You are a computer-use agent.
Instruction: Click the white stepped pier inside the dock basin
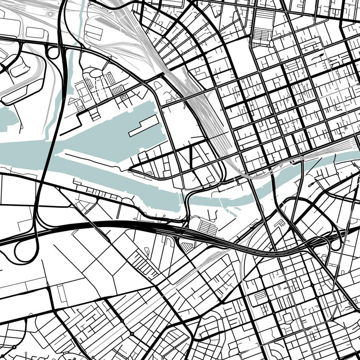pyautogui.click(x=143, y=126)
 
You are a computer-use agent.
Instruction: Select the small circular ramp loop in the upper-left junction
pyautogui.click(x=53, y=53)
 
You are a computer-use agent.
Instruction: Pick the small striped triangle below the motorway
pyautogui.click(x=186, y=246)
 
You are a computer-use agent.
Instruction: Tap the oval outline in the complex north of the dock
pyautogui.click(x=96, y=73)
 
